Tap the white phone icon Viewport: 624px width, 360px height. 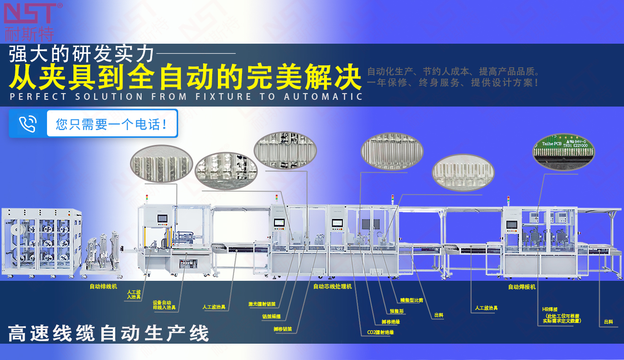pos(28,124)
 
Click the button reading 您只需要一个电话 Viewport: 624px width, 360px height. pos(112,124)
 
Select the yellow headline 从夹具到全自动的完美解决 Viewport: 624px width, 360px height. pos(185,77)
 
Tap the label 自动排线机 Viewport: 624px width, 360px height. pos(103,287)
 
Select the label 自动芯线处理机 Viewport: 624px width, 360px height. pos(333,287)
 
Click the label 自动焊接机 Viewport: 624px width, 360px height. pos(522,287)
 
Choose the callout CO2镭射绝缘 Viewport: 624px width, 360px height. pos(381,332)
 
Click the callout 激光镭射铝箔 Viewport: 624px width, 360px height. pos(262,304)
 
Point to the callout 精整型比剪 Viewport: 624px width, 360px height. pos(411,300)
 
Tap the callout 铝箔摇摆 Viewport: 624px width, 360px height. pos(271,317)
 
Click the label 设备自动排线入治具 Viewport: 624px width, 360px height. pos(164,305)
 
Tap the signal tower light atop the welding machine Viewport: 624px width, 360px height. pos(508,199)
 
